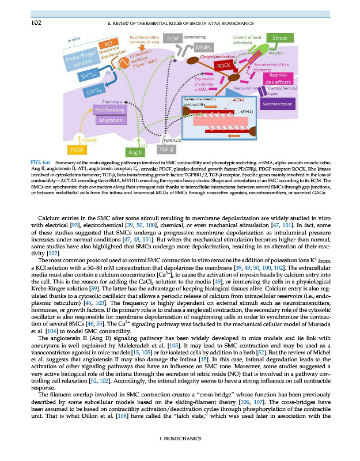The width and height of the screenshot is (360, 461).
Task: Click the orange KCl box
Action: tap(108, 44)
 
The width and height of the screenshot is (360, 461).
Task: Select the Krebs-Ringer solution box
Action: tap(82, 59)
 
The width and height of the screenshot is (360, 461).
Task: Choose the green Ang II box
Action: tap(135, 152)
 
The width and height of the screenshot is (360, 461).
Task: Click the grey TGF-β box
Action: tap(168, 149)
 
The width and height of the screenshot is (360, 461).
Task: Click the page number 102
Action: tap(23, 23)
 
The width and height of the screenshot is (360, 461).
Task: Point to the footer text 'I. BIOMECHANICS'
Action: tap(180, 439)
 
